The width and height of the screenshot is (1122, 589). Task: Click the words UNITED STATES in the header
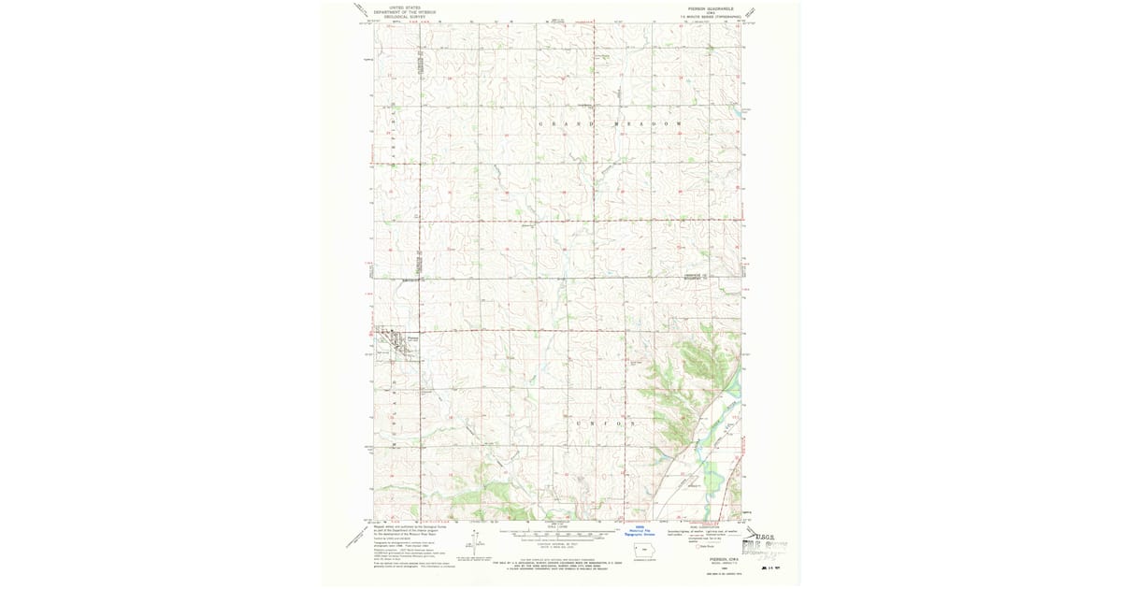408,7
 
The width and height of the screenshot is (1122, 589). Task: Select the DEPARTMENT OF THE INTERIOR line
408,11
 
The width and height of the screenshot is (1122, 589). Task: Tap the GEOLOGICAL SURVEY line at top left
408,16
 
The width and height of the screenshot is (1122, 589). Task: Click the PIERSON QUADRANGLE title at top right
703,7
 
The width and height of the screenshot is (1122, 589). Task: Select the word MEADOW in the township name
647,123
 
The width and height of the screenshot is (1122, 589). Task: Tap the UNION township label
610,424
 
